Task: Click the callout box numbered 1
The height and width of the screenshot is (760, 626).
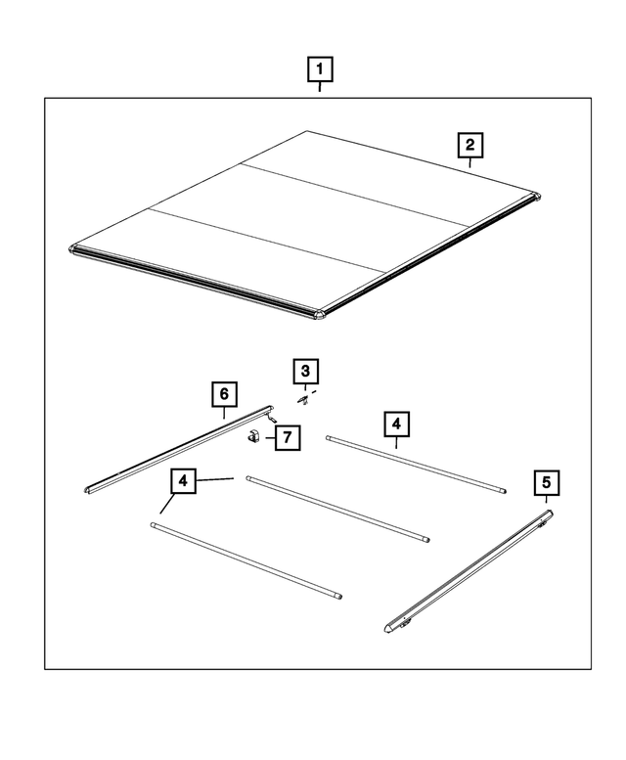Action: tap(320, 70)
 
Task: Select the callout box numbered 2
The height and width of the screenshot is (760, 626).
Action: tap(470, 146)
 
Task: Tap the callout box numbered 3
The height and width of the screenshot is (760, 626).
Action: tap(305, 372)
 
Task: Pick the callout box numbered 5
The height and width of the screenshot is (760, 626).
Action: tap(546, 482)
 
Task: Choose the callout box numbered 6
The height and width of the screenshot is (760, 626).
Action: tap(224, 394)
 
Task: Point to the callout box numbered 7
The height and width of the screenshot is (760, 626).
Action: tap(287, 437)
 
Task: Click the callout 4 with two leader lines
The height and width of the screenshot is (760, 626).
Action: tap(182, 481)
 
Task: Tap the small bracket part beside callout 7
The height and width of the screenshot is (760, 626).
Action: tap(252, 437)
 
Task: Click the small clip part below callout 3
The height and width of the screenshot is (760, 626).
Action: tap(304, 399)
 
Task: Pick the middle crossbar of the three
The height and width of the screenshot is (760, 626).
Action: tap(337, 508)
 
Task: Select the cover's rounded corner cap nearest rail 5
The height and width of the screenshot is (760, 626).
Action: tap(320, 313)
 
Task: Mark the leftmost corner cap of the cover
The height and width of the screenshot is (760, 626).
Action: tap(75, 248)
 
